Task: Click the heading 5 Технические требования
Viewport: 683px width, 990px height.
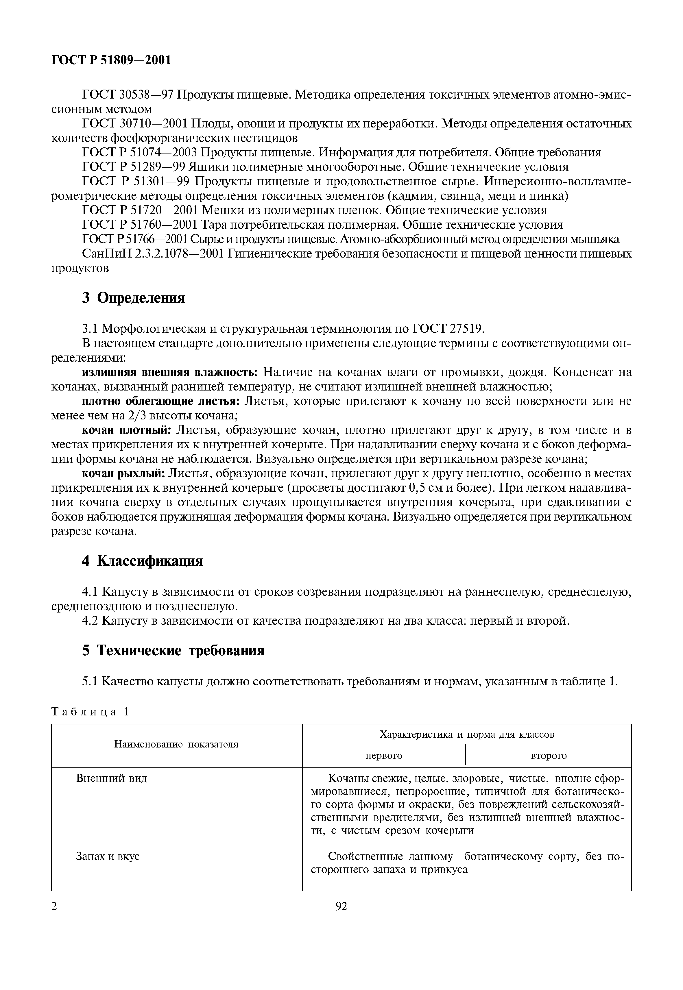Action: coord(173,651)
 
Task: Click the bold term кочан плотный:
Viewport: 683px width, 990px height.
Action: coord(126,430)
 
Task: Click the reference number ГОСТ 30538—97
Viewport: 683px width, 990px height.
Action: coord(128,95)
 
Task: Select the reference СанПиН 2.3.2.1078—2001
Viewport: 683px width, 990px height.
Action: coord(153,254)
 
